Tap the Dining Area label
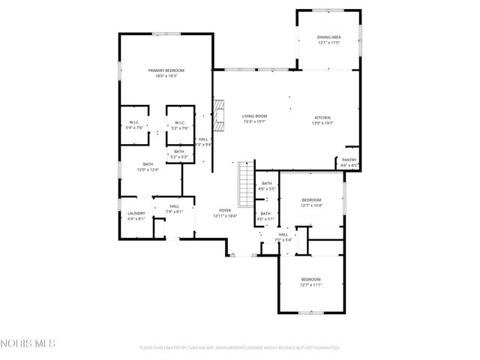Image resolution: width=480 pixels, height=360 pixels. [328, 40]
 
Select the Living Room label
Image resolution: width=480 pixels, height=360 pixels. [254, 119]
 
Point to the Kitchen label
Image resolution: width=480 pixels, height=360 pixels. [322, 121]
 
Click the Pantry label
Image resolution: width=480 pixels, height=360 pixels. [349, 162]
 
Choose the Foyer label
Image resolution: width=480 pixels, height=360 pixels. [225, 213]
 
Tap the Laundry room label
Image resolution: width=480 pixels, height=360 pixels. [136, 217]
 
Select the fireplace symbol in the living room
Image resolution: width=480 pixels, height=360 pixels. [219, 116]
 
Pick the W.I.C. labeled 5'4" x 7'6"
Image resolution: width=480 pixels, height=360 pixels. [135, 125]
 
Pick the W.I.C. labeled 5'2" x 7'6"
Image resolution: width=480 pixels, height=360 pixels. [180, 125]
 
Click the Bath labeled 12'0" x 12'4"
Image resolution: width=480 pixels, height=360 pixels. [148, 167]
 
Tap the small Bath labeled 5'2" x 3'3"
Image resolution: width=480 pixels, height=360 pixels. [179, 154]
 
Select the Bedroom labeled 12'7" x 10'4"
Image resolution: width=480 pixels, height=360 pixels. [311, 202]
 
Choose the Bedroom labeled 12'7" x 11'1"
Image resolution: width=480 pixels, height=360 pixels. [311, 282]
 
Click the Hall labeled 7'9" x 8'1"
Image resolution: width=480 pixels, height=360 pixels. [174, 208]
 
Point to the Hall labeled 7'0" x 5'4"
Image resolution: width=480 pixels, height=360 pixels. [283, 237]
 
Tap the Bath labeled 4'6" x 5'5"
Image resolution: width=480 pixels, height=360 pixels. [267, 187]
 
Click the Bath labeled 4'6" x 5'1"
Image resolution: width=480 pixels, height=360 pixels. [265, 216]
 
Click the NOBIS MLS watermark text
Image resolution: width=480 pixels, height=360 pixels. [28, 344]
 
